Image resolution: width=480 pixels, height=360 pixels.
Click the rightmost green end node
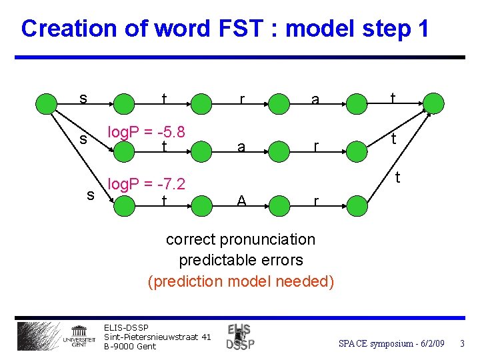tap(433, 103)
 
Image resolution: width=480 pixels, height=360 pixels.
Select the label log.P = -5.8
tap(146, 131)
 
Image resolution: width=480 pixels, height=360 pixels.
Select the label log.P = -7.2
tap(146, 183)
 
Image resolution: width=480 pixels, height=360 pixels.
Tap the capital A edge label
tap(241, 201)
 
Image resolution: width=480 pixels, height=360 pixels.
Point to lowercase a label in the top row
tap(315, 101)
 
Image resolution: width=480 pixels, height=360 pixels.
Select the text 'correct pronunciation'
tap(241, 239)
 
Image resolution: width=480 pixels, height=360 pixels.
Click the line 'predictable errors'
tap(241, 260)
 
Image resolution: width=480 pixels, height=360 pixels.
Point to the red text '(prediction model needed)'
tap(241, 281)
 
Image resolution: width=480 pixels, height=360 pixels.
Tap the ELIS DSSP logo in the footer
tap(240, 337)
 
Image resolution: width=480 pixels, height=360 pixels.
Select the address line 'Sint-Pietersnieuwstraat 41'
tap(157, 337)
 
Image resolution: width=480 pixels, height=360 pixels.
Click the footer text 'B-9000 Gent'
tap(130, 346)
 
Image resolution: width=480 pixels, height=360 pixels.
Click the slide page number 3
tap(461, 343)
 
